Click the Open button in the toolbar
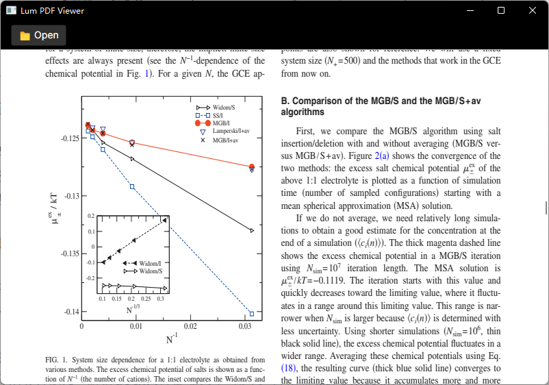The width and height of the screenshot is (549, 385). [39, 36]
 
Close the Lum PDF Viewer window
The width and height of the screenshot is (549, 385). [532, 10]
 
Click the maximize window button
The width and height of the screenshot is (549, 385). [500, 10]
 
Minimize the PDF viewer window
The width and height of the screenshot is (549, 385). [470, 10]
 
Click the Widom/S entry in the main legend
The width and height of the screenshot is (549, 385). [223, 108]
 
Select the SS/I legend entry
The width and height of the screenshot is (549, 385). [218, 116]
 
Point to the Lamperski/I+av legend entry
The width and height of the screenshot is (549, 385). [230, 131]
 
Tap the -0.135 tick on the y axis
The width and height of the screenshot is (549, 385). [70, 254]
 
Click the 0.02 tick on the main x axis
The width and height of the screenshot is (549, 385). [190, 326]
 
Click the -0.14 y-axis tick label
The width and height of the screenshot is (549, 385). [71, 312]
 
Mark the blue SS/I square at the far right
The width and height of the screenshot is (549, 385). [252, 314]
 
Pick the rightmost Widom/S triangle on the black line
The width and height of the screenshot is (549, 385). [252, 231]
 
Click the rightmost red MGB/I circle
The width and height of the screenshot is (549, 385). [252, 166]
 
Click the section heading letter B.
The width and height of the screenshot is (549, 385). [285, 101]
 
